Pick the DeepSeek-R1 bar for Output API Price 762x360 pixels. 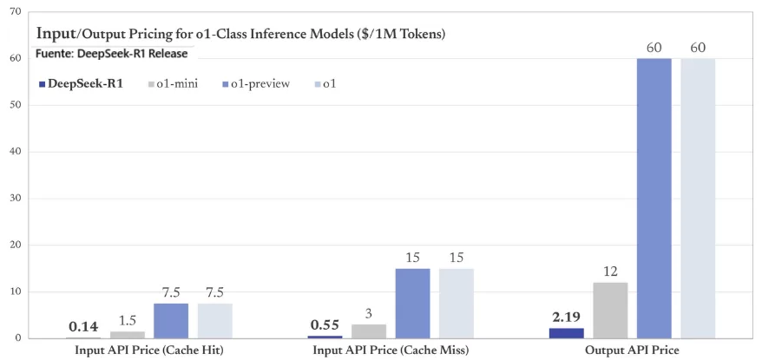567,333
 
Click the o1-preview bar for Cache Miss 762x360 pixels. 412,303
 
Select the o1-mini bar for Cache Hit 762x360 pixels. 128,335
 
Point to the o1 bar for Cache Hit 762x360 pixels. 214,320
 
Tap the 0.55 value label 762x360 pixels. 325,326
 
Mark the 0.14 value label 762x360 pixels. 84,327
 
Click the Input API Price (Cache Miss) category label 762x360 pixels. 391,350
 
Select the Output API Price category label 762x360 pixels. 632,350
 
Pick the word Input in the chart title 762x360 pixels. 55,33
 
